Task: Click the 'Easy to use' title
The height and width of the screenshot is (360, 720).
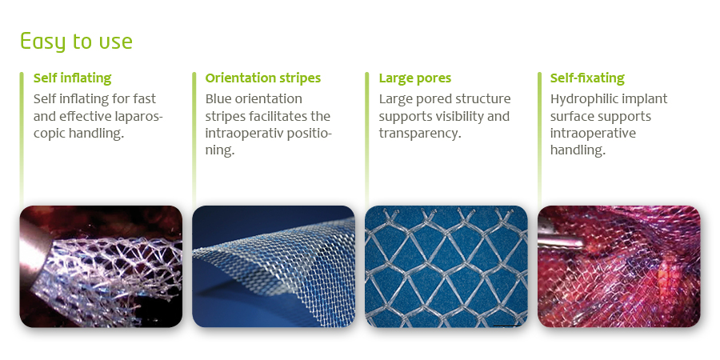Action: (x=76, y=42)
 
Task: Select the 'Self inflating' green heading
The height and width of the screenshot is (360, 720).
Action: (x=72, y=78)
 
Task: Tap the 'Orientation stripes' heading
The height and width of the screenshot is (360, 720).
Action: (x=262, y=78)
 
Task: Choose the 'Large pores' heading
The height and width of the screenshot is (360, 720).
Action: (x=414, y=78)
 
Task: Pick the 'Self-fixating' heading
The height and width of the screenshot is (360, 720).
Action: (x=587, y=78)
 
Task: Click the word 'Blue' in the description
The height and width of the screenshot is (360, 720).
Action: (x=219, y=98)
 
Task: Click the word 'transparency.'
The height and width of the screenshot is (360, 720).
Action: (x=420, y=134)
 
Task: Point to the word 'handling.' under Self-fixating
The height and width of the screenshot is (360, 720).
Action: (x=578, y=150)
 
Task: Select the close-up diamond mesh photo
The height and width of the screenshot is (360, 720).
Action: (x=446, y=266)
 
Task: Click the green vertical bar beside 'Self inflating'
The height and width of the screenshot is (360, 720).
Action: (x=22, y=138)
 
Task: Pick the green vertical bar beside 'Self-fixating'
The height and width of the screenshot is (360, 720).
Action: (x=539, y=138)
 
